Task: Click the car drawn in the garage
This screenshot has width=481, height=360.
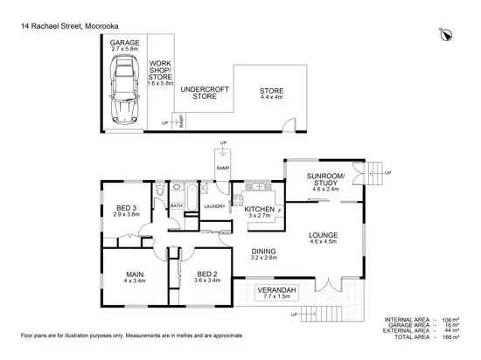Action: pos(122,93)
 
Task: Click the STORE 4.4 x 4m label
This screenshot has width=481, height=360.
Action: pos(269,94)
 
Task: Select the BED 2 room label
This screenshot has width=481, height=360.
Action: pos(206,277)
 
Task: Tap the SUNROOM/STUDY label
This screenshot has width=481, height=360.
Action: pos(324,181)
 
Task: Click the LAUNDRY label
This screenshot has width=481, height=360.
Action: pos(215,206)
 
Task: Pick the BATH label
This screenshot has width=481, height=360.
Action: pos(176,205)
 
